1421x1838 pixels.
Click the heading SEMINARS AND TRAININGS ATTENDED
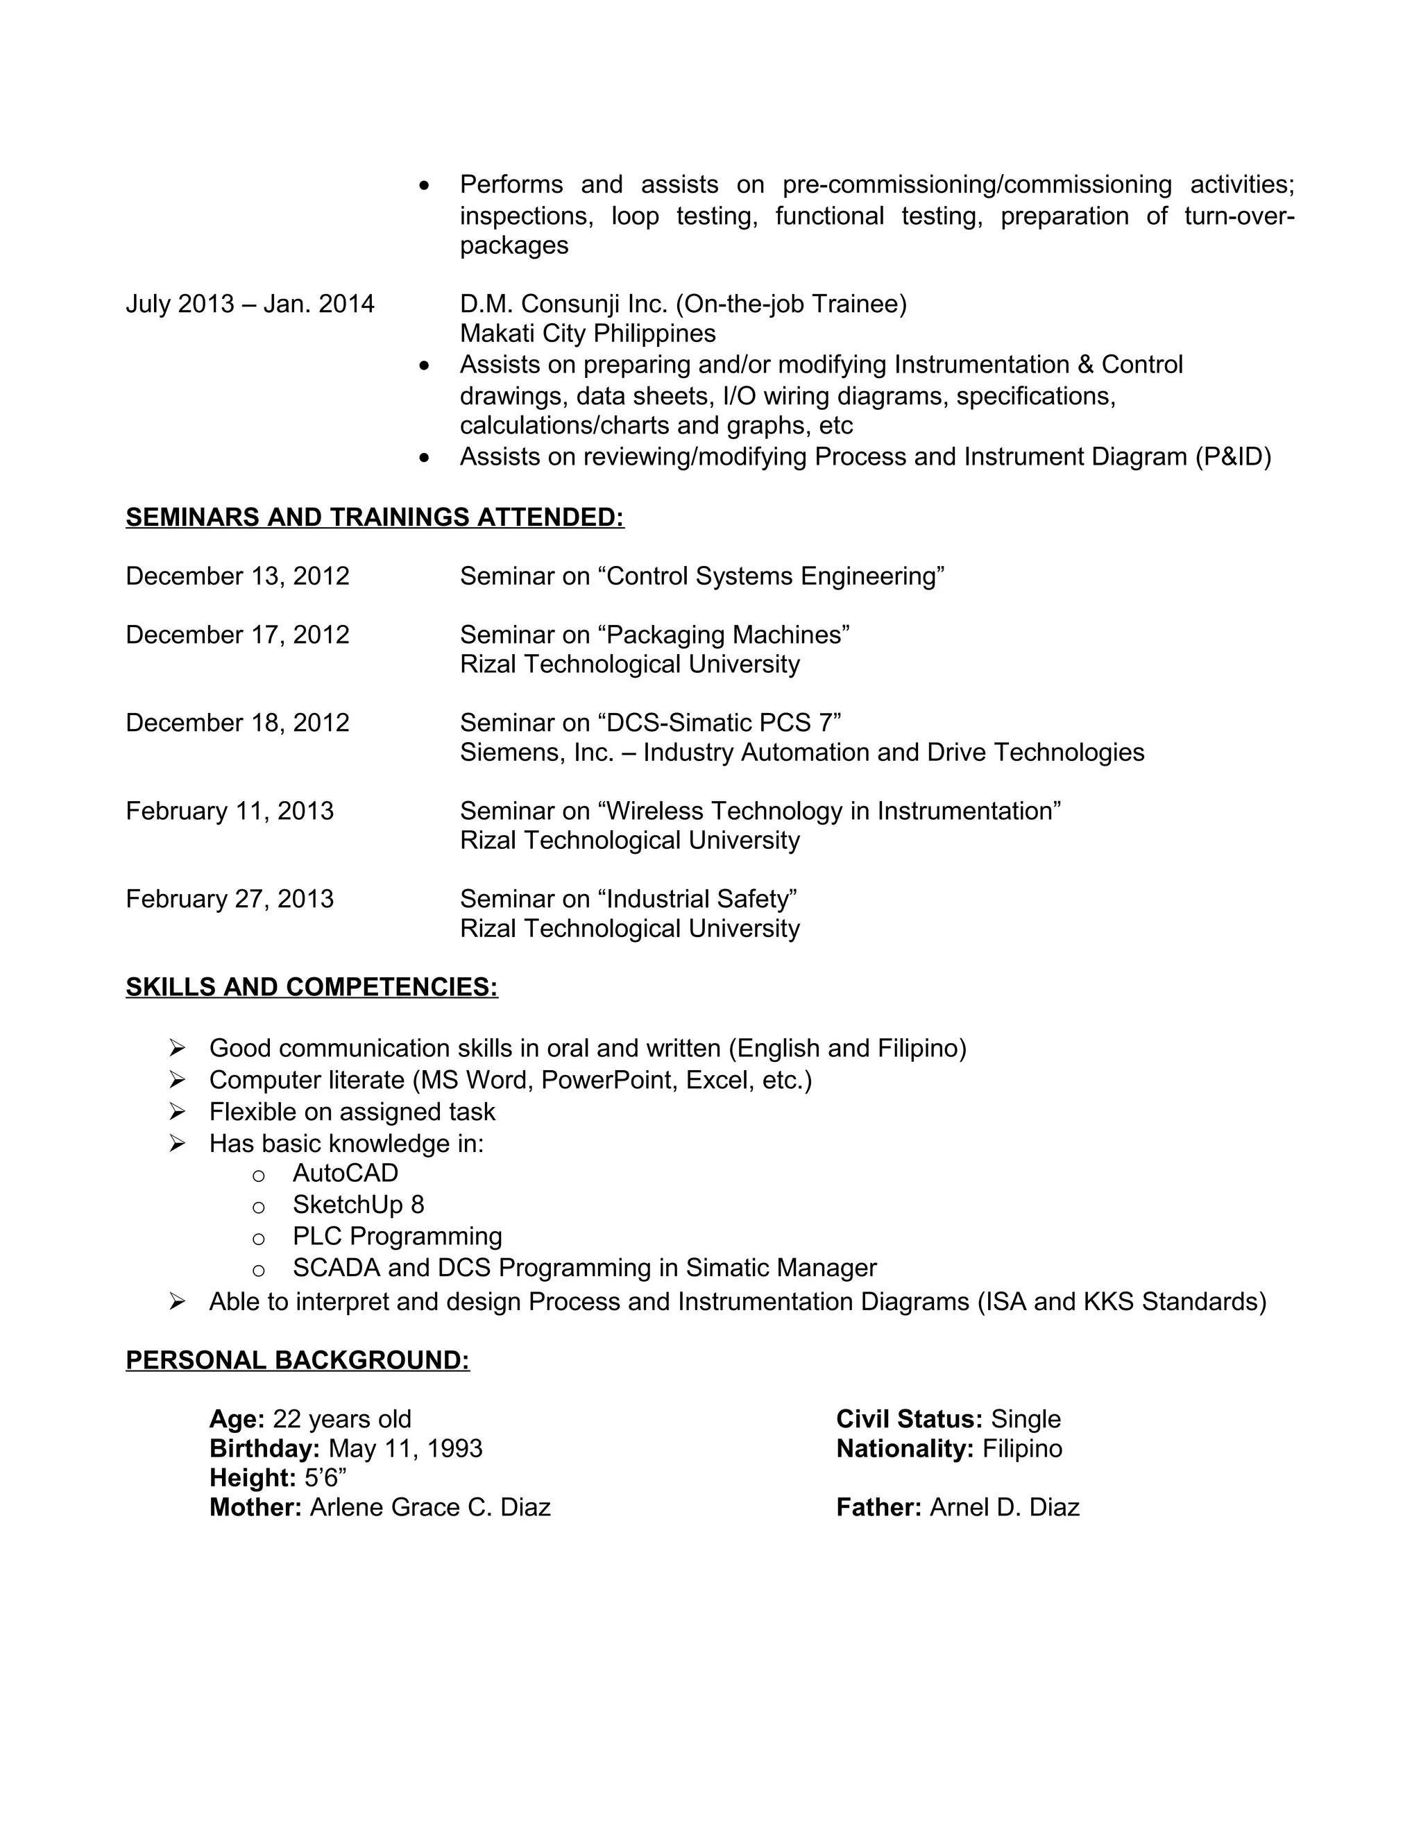tap(375, 517)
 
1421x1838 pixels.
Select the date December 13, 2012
tap(237, 576)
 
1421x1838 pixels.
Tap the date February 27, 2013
tap(230, 899)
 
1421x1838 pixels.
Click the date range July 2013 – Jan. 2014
tap(250, 304)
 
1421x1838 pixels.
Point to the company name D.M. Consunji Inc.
tap(563, 304)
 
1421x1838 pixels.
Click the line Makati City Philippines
tap(588, 333)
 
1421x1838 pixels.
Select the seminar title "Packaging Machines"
tap(727, 635)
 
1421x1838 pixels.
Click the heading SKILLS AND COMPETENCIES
tap(312, 987)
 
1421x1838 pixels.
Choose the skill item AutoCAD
tap(345, 1173)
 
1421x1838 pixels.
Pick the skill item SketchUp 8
tap(358, 1205)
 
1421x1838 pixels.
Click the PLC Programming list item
tap(398, 1236)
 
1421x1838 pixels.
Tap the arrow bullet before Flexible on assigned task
tap(177, 1112)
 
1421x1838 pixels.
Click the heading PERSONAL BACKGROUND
tap(297, 1361)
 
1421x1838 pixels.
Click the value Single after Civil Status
tap(1026, 1419)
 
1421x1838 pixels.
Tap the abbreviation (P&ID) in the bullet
tap(1232, 457)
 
